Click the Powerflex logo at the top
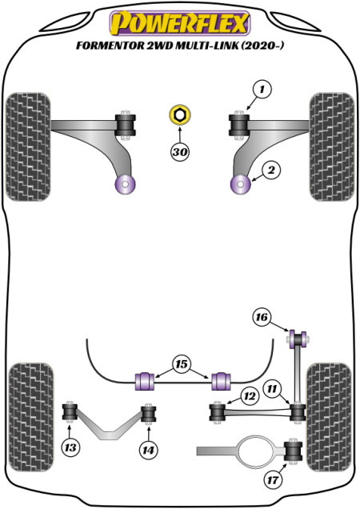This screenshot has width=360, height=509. (179, 23)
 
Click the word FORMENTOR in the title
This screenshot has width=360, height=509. (110, 46)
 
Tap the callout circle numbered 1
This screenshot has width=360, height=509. (262, 89)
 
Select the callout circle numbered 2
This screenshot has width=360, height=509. (271, 170)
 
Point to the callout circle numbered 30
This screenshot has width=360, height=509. (180, 151)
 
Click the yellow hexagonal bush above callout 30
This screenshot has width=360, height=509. (180, 114)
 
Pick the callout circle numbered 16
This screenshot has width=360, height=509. (262, 316)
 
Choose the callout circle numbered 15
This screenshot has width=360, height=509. (182, 364)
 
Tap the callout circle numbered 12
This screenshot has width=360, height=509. (250, 396)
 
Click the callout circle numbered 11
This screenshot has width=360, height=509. (272, 389)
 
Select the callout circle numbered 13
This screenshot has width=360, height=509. (70, 448)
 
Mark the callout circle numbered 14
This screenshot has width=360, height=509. (148, 451)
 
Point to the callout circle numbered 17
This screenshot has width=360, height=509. (273, 479)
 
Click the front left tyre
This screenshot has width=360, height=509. (28, 147)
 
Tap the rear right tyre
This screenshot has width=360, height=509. (330, 417)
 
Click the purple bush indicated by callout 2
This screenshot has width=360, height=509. (241, 184)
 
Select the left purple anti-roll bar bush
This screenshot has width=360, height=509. (145, 382)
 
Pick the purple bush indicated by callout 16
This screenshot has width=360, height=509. (298, 339)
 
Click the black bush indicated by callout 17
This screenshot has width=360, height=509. (293, 451)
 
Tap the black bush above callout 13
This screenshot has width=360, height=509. (70, 411)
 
